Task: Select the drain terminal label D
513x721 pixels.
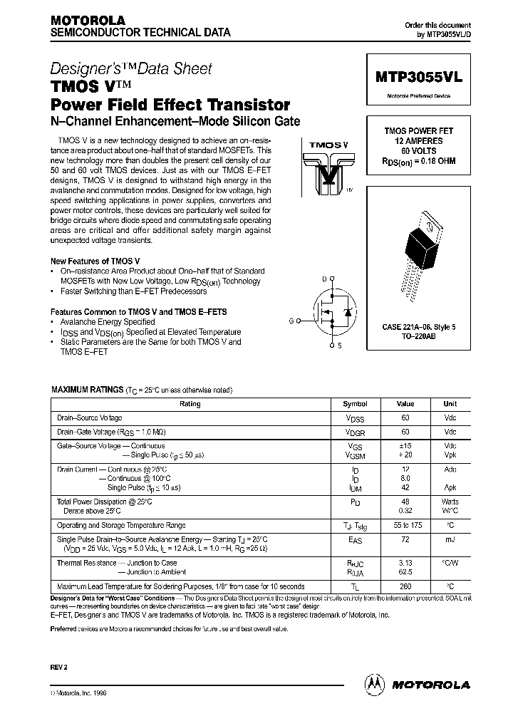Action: tap(324, 278)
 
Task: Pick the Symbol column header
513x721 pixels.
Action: tap(355, 404)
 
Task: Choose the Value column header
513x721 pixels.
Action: tap(405, 404)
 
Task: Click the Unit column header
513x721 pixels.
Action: tap(450, 404)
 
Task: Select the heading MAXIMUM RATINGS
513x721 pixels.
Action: tap(87, 390)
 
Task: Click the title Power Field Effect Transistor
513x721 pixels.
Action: tap(170, 104)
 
